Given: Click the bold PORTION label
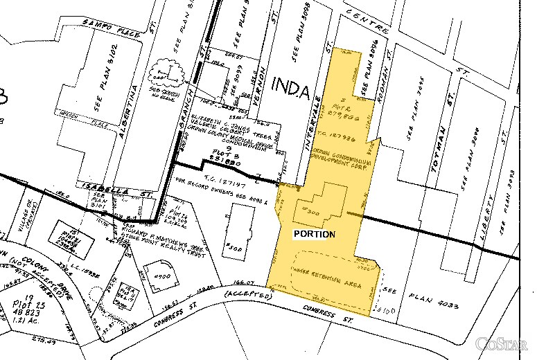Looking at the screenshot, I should coord(315,234).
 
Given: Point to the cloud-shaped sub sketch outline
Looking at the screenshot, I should coord(166,72).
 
